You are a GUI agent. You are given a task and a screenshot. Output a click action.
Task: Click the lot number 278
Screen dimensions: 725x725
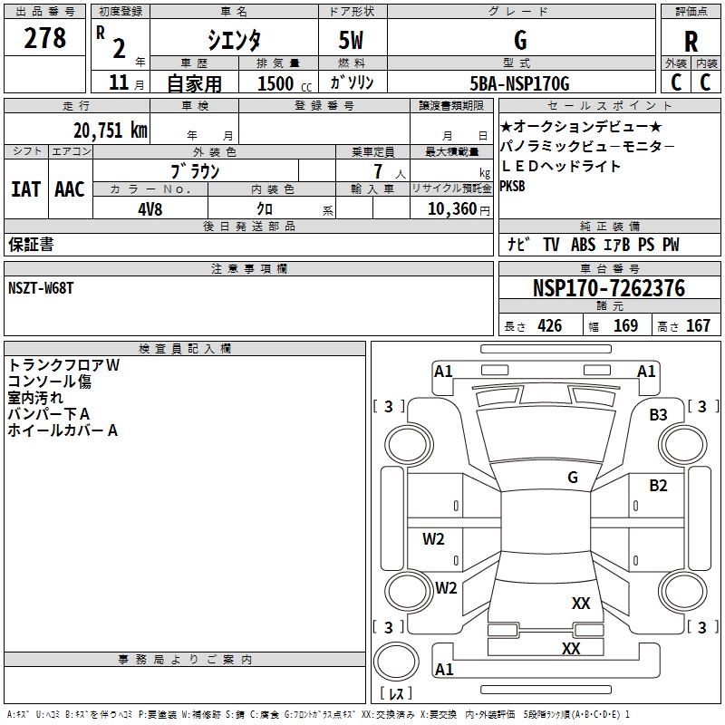point(46,38)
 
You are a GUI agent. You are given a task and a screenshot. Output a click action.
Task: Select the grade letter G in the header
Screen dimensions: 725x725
point(519,40)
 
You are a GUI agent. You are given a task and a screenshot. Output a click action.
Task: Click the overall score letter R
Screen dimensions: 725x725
point(691,42)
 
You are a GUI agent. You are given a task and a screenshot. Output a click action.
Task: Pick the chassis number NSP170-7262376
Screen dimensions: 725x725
point(608,289)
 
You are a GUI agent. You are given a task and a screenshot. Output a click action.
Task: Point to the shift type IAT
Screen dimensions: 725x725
point(25,188)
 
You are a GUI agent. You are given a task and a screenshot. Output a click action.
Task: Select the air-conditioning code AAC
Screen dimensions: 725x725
point(69,188)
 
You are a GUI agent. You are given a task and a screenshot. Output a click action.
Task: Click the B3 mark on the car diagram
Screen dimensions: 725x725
point(658,415)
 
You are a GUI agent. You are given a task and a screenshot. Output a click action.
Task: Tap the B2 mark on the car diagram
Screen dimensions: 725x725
point(658,486)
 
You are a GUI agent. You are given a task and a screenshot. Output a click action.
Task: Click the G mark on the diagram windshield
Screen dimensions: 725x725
point(573,477)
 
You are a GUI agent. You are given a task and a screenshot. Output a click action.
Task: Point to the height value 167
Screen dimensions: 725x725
point(698,326)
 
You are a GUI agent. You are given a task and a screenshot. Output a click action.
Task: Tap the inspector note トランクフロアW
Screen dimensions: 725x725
point(63,364)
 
